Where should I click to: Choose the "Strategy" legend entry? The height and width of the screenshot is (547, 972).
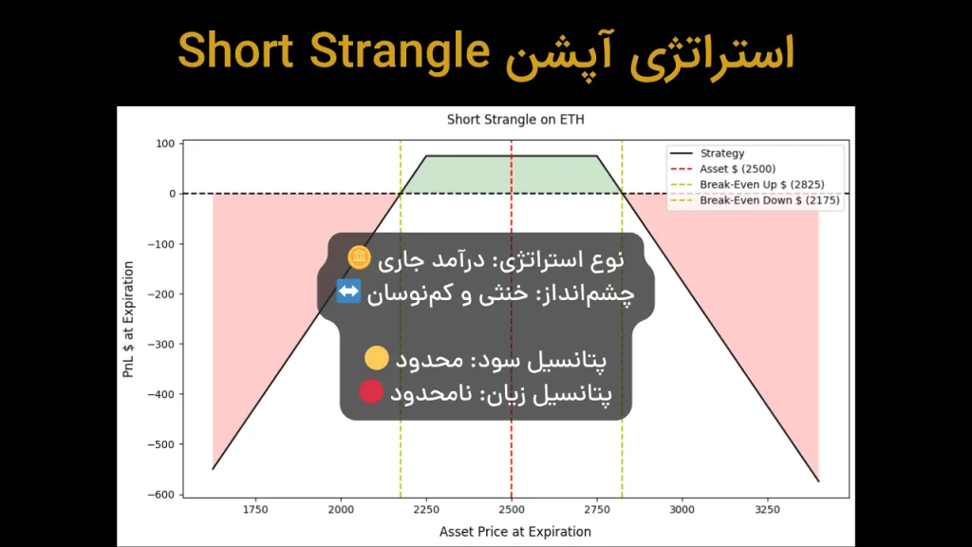pos(721,153)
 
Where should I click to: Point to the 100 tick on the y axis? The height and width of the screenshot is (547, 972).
pos(165,143)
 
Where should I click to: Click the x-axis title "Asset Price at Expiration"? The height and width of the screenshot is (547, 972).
pos(515,531)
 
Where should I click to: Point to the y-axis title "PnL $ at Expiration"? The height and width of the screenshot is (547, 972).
pos(129,319)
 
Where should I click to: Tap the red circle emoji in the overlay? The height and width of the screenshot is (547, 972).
pos(371,391)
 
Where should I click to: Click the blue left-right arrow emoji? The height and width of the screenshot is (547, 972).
pos(349,293)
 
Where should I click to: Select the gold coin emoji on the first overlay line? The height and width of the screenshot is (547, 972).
pos(359,257)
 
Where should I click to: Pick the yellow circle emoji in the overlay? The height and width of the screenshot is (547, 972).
pos(377,358)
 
